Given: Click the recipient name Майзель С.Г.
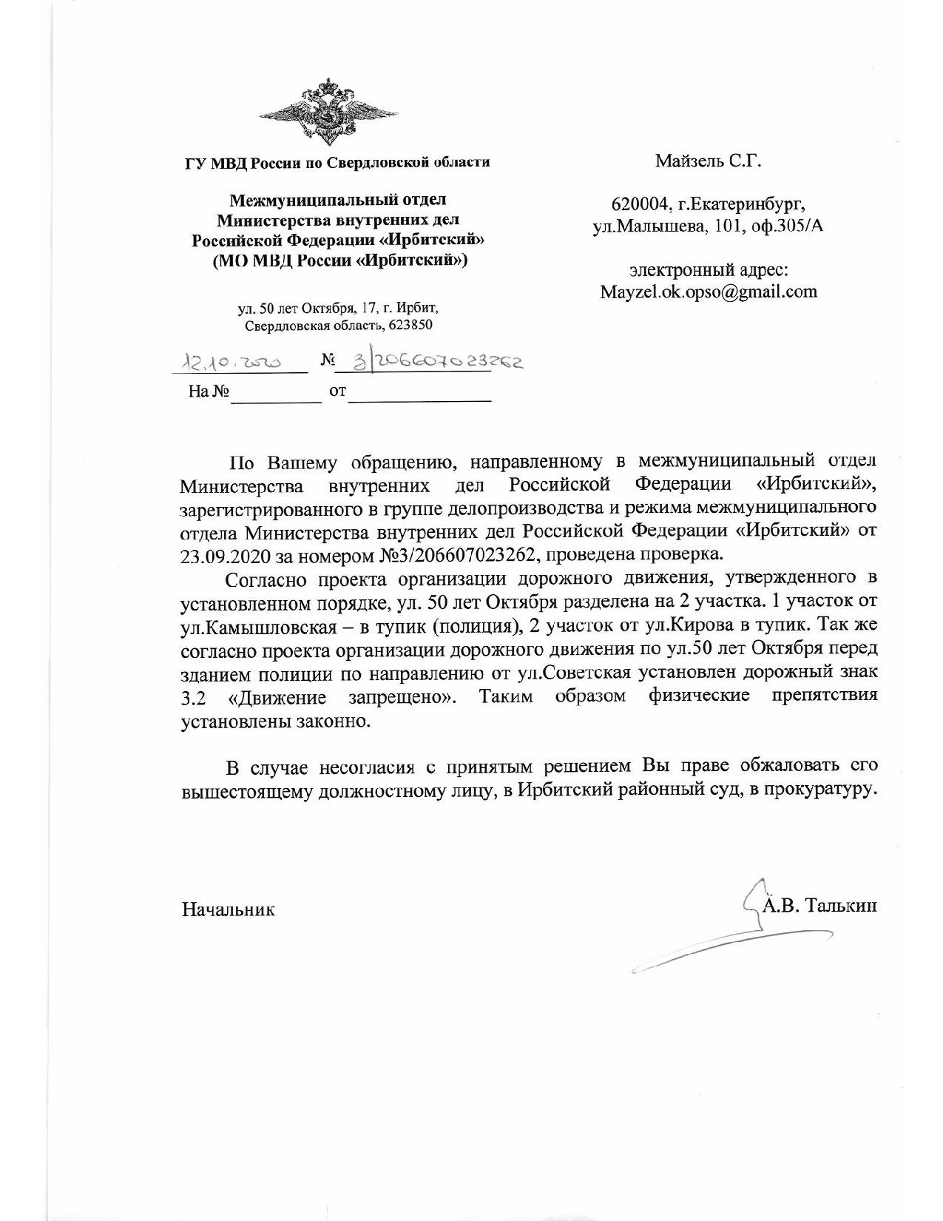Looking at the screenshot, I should (708, 161).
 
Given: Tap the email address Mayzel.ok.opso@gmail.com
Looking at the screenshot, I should (709, 291).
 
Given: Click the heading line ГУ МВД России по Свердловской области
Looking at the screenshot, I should (337, 162).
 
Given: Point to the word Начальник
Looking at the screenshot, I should (229, 909).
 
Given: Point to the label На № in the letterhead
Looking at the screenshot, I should (207, 393).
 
